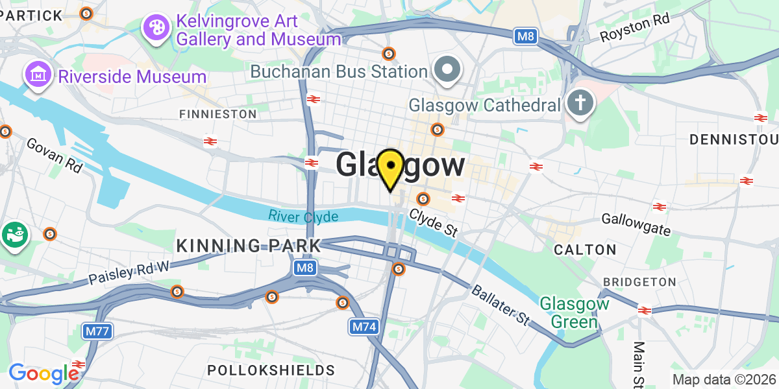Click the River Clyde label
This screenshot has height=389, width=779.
point(303,216)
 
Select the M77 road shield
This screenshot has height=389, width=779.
point(98,332)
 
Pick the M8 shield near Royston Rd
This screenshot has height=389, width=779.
point(526,36)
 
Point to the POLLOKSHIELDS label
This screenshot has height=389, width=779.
point(271,370)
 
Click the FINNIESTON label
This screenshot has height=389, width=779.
point(218,114)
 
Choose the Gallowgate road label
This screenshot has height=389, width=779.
point(636,223)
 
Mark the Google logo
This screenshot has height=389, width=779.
point(43,373)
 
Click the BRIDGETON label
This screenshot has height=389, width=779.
point(639,282)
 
